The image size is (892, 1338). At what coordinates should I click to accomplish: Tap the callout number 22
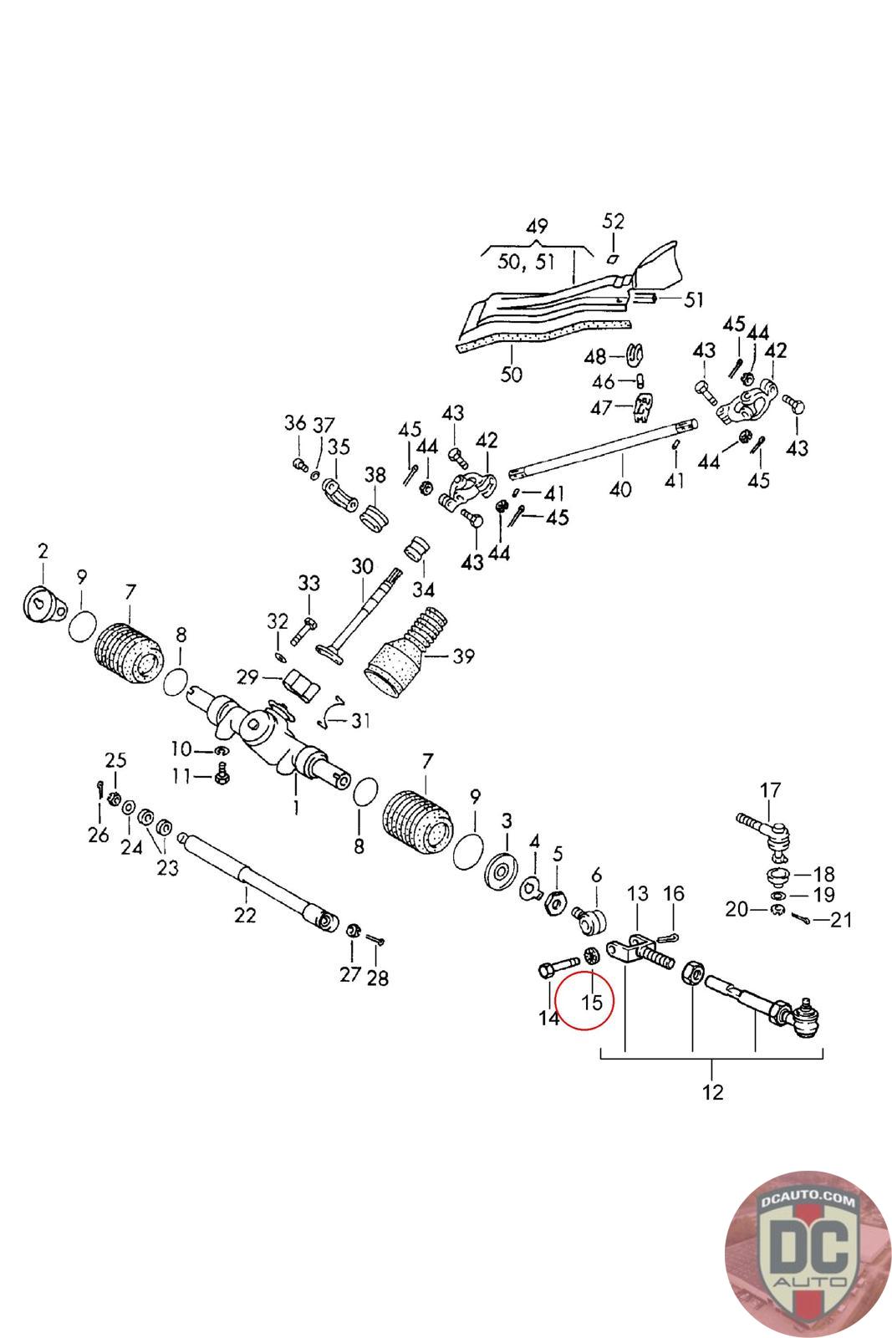[x=245, y=915]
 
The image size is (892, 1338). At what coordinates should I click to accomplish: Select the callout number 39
[x=463, y=656]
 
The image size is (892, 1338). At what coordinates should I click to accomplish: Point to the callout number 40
[x=619, y=489]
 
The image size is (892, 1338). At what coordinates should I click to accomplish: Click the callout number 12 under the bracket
[x=712, y=1092]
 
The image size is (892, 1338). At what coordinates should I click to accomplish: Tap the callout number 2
[x=43, y=551]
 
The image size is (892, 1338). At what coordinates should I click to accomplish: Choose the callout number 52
[x=613, y=221]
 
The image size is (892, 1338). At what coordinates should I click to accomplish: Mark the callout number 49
[x=537, y=226]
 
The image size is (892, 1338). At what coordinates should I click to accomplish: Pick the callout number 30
[x=362, y=565]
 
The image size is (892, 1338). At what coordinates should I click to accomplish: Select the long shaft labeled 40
[x=604, y=447]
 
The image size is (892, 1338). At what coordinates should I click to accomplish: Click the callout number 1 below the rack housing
[x=296, y=808]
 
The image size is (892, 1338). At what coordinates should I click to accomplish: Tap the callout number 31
[x=360, y=720]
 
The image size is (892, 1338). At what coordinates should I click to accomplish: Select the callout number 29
[x=247, y=677]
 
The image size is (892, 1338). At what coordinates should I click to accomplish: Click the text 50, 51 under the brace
[x=526, y=261]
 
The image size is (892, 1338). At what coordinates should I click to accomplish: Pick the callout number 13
[x=638, y=894]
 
